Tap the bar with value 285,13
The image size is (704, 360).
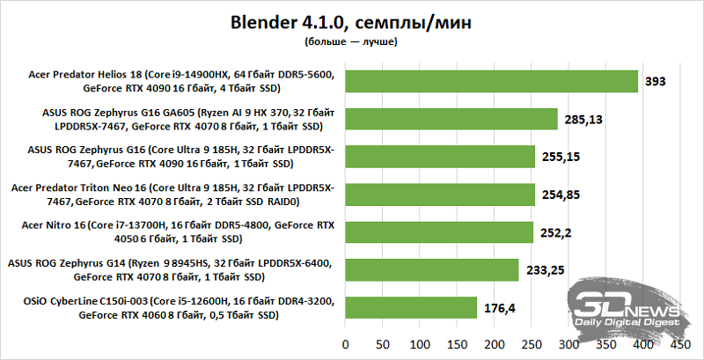click(x=451, y=119)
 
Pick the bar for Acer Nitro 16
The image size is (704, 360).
click(x=439, y=232)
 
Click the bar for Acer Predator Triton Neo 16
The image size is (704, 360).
click(x=440, y=195)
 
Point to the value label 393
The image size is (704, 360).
click(x=655, y=81)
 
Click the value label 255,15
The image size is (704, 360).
click(x=562, y=157)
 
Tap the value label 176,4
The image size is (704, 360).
click(x=501, y=308)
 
